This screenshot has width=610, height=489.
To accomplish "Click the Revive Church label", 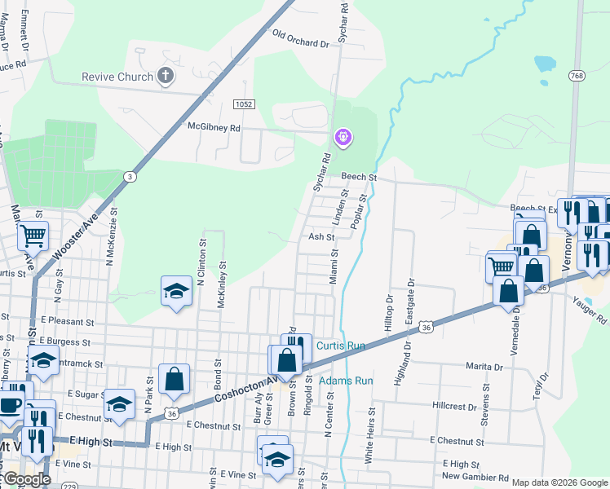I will [117, 77].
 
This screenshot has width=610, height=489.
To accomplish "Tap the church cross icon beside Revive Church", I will [166, 77].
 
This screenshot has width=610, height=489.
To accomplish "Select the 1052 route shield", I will [243, 104].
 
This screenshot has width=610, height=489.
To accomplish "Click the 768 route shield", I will [577, 76].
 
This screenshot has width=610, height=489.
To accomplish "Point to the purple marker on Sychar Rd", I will [344, 137].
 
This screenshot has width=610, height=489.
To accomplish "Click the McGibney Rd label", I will [214, 128].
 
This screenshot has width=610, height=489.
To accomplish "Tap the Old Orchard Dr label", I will [300, 39].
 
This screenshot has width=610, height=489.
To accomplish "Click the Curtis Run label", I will [339, 346].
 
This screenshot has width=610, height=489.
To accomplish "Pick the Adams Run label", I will [346, 381].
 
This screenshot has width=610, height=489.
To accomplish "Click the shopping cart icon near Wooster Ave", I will [33, 236].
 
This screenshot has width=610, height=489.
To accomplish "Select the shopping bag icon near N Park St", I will [175, 378].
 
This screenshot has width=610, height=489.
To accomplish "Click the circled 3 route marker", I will [130, 177].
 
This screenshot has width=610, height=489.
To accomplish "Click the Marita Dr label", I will [484, 367].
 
